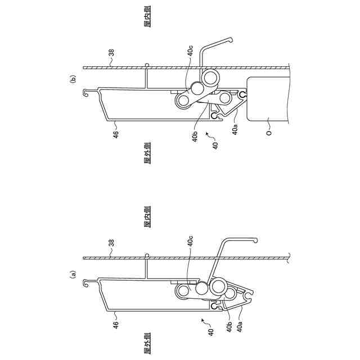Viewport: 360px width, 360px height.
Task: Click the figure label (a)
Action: [x=72, y=275]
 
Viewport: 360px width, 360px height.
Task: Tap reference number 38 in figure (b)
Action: [x=111, y=55]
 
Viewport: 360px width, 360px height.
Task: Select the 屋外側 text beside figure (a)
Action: [x=147, y=344]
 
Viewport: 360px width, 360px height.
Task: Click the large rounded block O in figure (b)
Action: [x=267, y=101]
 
